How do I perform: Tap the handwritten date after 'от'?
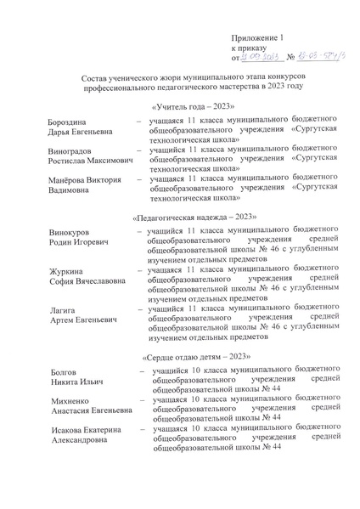(260, 59)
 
